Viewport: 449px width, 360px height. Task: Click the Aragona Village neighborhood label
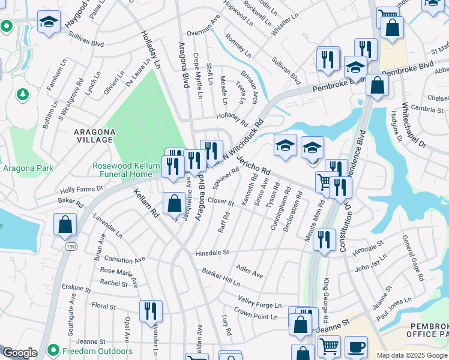(93, 135)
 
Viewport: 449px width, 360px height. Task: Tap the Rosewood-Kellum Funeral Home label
(122, 170)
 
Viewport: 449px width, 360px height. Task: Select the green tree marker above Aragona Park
(23, 95)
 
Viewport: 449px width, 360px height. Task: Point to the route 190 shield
(70, 246)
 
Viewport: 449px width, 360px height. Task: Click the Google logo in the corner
(20, 353)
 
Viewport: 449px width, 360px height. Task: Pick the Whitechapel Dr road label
(413, 125)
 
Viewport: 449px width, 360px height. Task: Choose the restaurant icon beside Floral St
(151, 310)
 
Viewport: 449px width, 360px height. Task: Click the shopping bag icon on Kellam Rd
(174, 203)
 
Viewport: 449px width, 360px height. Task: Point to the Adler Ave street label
(250, 271)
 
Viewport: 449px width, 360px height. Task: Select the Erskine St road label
(79, 289)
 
